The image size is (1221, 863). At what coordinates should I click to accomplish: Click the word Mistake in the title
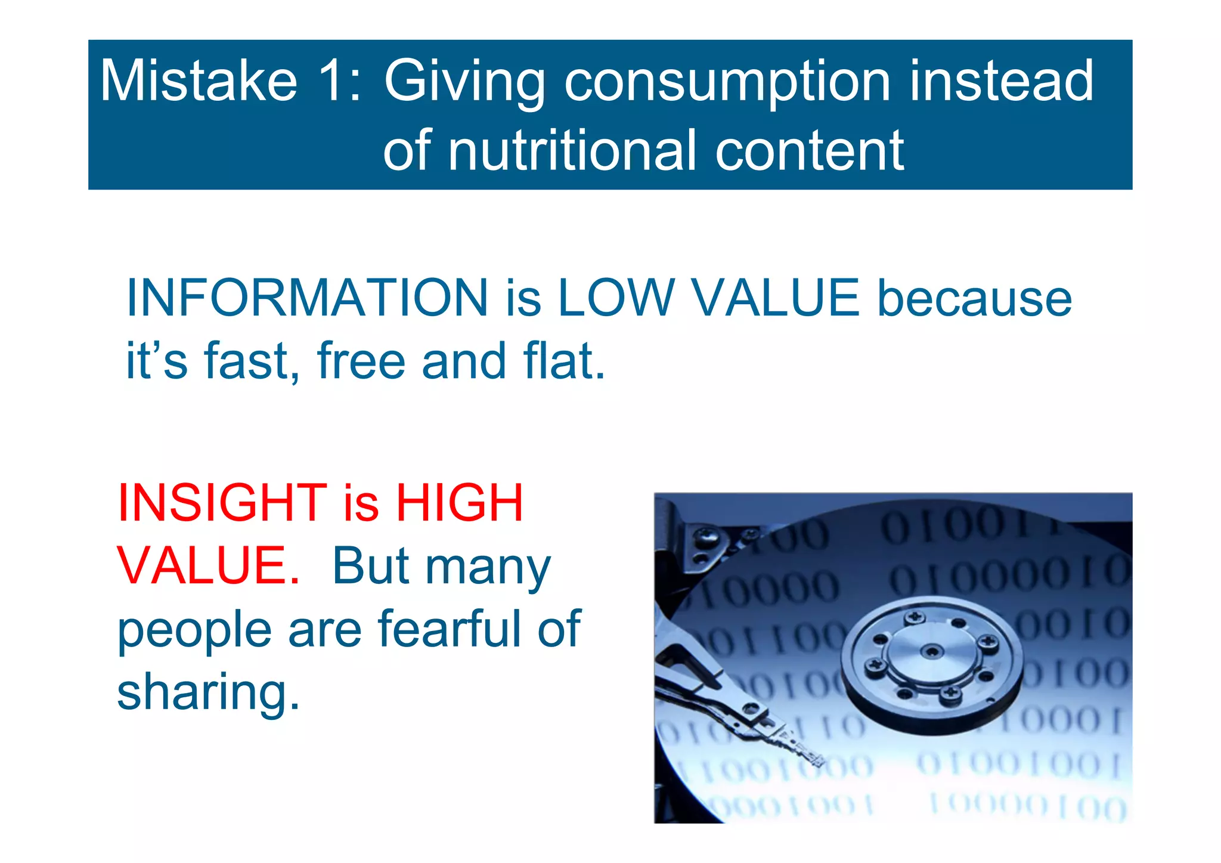pyautogui.click(x=199, y=81)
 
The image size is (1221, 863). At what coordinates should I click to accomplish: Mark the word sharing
pyautogui.click(x=208, y=692)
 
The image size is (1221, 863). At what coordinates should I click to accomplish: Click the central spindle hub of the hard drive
pyautogui.click(x=931, y=651)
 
